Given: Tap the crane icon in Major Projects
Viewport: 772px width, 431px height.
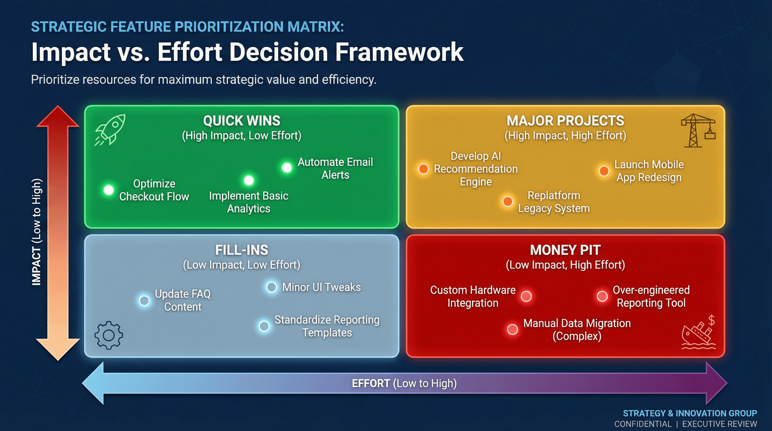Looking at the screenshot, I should pyautogui.click(x=698, y=130).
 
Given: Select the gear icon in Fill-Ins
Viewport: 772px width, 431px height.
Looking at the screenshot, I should pyautogui.click(x=109, y=335).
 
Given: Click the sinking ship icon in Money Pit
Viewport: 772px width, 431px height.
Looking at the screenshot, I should pyautogui.click(x=698, y=334).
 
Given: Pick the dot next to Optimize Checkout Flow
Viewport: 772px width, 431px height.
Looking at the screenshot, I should pyautogui.click(x=109, y=190).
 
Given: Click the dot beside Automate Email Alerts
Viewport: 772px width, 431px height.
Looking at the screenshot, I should pyautogui.click(x=287, y=167).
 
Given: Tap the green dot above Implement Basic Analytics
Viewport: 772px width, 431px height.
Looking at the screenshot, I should pyautogui.click(x=249, y=180).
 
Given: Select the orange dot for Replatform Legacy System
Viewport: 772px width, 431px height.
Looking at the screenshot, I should pyautogui.click(x=508, y=201).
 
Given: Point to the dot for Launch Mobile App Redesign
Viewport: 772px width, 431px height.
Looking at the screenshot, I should pyautogui.click(x=604, y=171).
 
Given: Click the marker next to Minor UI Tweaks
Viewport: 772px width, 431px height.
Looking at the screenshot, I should pyautogui.click(x=272, y=287).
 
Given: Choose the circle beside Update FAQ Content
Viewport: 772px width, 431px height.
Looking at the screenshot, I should pyautogui.click(x=144, y=300).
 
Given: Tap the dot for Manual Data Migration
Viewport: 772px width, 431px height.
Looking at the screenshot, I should pyautogui.click(x=512, y=329).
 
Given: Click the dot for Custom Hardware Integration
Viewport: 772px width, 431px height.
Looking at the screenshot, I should pyautogui.click(x=526, y=296).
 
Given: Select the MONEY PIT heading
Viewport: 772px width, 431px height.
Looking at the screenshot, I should pyautogui.click(x=565, y=250).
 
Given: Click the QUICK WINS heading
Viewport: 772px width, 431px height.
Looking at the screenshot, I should pyautogui.click(x=242, y=121).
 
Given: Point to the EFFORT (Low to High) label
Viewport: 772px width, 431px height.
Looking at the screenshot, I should pyautogui.click(x=404, y=383).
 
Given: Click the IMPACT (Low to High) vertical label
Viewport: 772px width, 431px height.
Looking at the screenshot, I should pyautogui.click(x=36, y=232).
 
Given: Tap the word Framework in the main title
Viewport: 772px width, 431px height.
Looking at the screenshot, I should pyautogui.click(x=399, y=52).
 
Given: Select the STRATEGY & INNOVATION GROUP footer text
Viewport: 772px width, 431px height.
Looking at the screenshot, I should pyautogui.click(x=690, y=413).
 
